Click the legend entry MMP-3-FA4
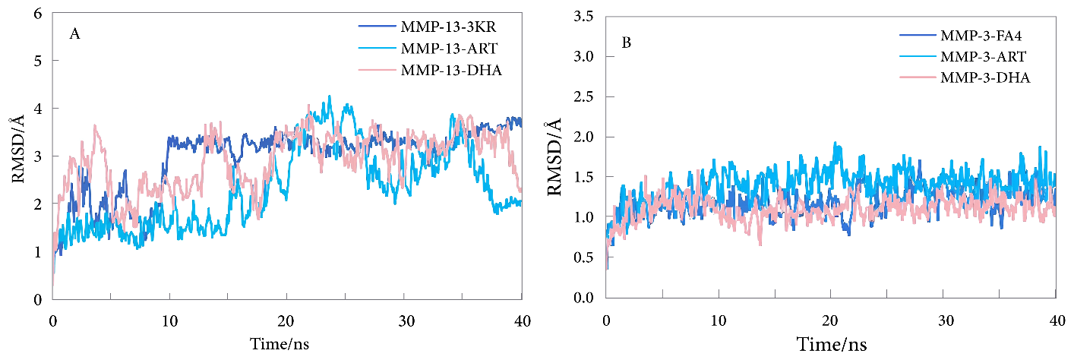(x=988, y=35)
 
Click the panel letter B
(x=627, y=43)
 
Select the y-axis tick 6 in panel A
(x=37, y=13)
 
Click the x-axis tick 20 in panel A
(x=286, y=320)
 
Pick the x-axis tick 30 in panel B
(x=944, y=319)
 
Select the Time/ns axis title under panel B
(x=831, y=345)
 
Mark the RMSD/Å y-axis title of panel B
(x=556, y=157)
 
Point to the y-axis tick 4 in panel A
(x=37, y=109)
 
